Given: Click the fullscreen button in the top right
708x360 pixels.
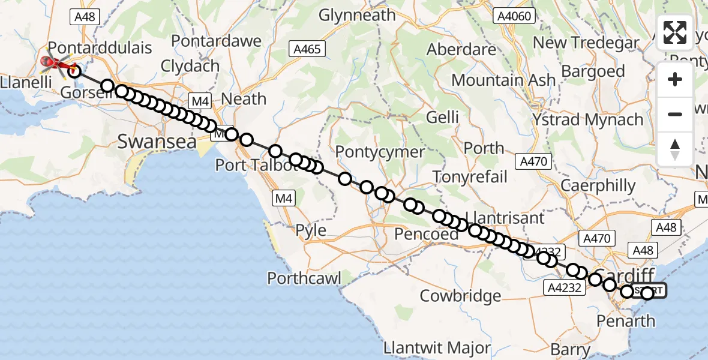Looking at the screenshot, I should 675,32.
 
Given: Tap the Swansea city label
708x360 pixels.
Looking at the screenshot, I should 157,142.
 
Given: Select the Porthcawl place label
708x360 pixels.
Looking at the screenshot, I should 304,278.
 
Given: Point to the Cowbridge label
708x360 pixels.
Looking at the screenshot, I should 460,296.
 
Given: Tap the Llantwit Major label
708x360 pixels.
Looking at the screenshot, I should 437,348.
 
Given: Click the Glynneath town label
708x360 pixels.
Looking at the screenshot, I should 357,15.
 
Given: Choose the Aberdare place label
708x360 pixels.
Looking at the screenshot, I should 461,50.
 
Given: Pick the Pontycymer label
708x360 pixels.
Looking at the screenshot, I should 380,152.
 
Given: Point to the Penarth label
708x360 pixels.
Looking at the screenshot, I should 626,321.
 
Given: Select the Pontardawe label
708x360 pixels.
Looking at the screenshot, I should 217,41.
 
